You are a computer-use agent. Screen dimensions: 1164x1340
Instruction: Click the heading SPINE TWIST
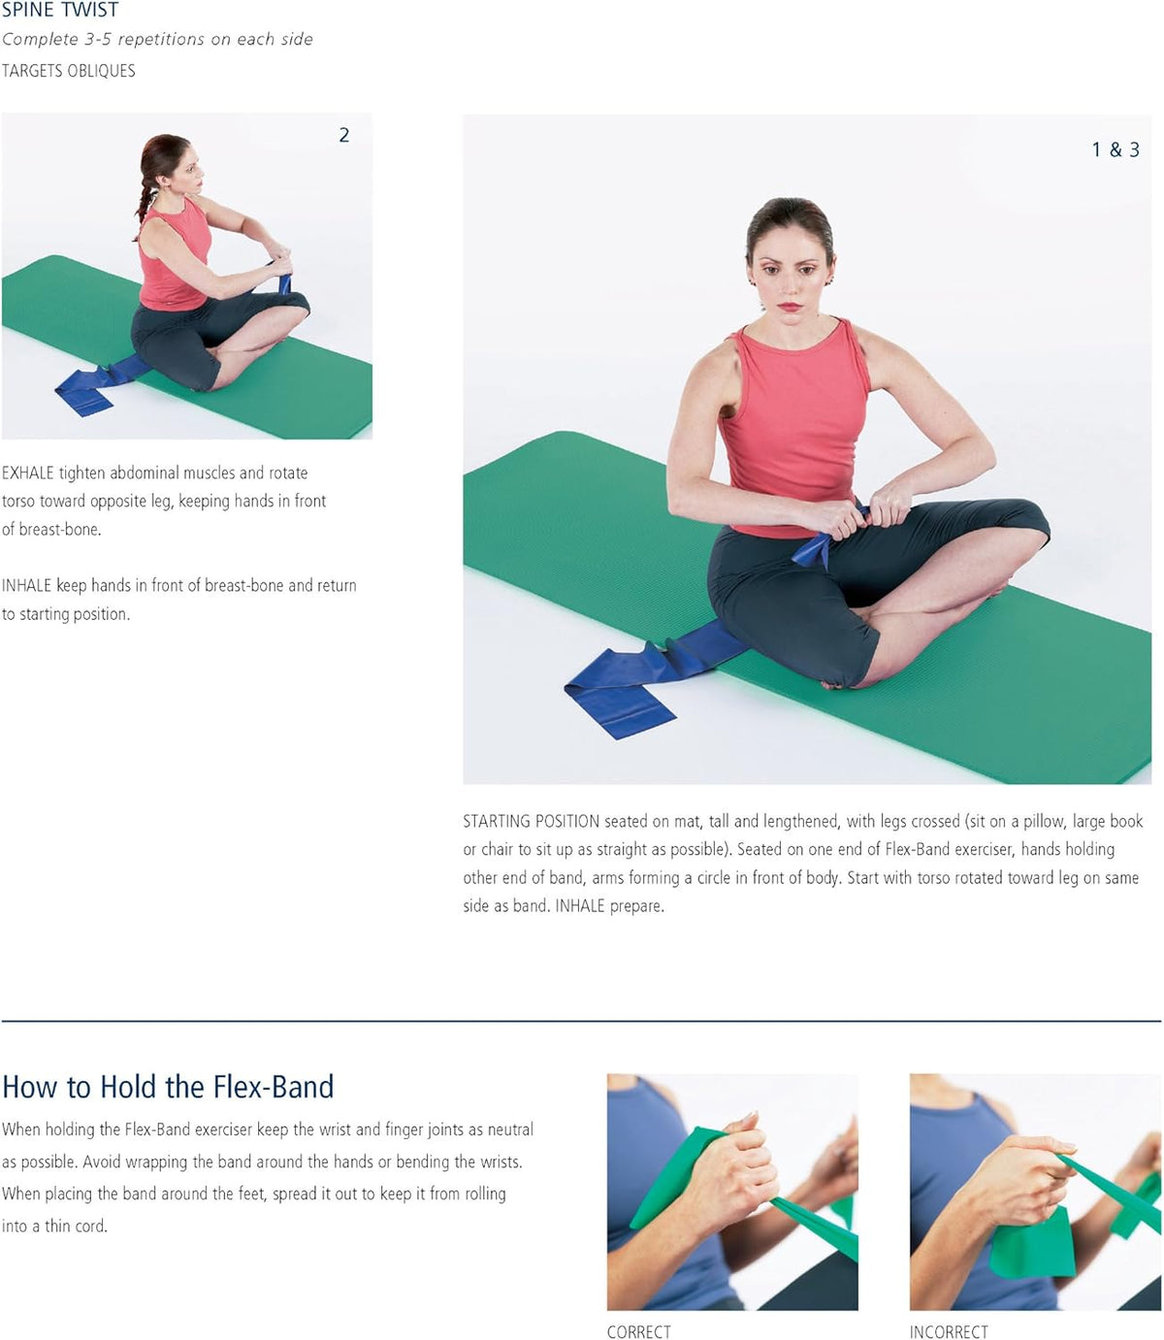click(x=60, y=10)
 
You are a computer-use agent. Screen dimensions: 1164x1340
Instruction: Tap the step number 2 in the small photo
click(x=343, y=135)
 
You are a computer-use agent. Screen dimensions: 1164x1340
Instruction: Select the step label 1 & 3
click(x=1115, y=150)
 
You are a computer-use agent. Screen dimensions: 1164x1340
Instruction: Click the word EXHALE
click(x=27, y=473)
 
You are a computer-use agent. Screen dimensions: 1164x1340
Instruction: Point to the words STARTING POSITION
click(x=531, y=821)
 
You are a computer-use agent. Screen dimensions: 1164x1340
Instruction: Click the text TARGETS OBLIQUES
click(x=68, y=71)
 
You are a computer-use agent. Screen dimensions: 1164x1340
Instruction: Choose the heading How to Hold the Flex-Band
click(x=168, y=1087)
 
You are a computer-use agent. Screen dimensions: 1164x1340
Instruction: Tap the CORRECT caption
click(x=638, y=1331)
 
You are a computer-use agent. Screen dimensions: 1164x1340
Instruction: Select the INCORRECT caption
click(x=949, y=1331)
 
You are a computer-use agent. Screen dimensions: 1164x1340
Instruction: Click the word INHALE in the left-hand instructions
click(x=26, y=585)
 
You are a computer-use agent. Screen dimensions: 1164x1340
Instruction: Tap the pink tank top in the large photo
click(x=794, y=426)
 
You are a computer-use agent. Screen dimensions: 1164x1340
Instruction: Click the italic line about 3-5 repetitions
click(x=157, y=39)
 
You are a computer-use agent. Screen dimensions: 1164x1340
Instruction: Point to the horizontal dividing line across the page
click(x=581, y=1021)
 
